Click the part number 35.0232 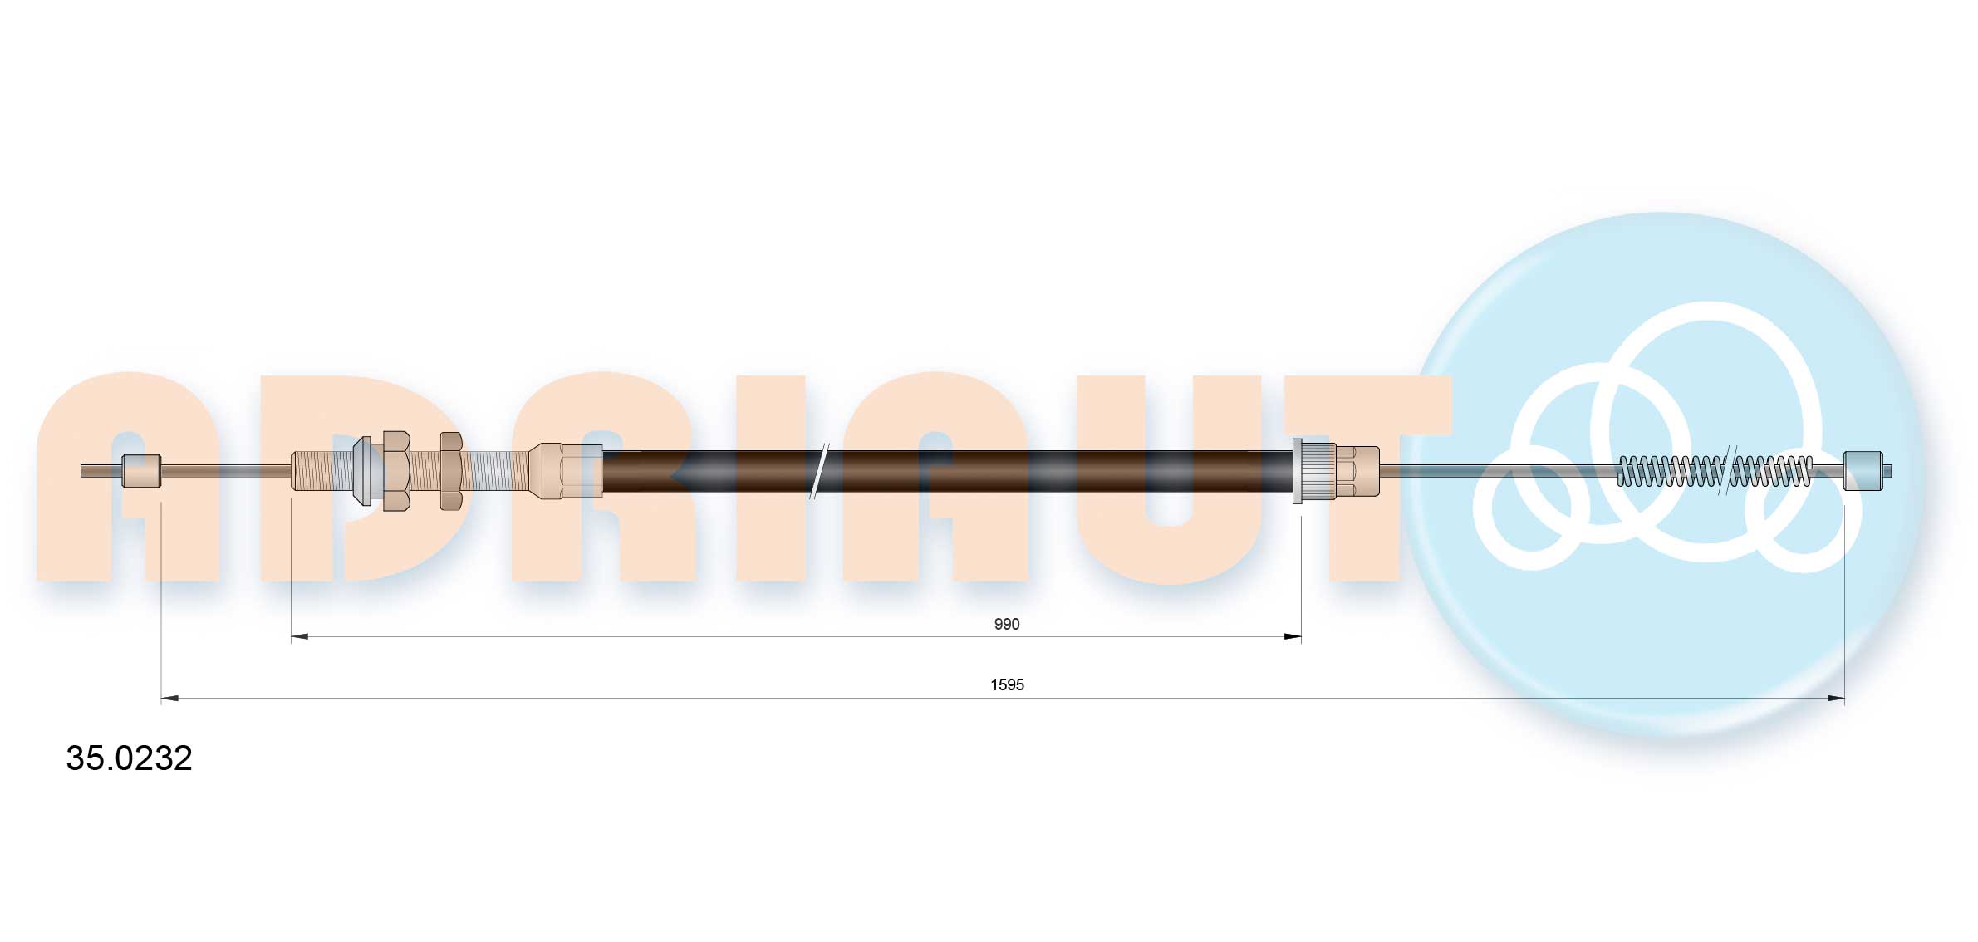point(129,758)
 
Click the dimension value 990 point(1006,624)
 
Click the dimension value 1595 point(1007,684)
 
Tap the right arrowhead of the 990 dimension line point(1292,637)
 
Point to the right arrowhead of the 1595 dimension point(1835,699)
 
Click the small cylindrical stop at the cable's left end point(141,471)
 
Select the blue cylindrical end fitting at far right point(1863,471)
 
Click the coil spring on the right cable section point(1670,471)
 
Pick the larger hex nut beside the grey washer point(396,471)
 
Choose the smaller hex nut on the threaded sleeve point(451,471)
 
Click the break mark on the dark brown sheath point(819,471)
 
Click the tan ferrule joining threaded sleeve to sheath point(565,471)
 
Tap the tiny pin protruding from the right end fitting point(1887,471)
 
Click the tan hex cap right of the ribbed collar point(1357,471)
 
